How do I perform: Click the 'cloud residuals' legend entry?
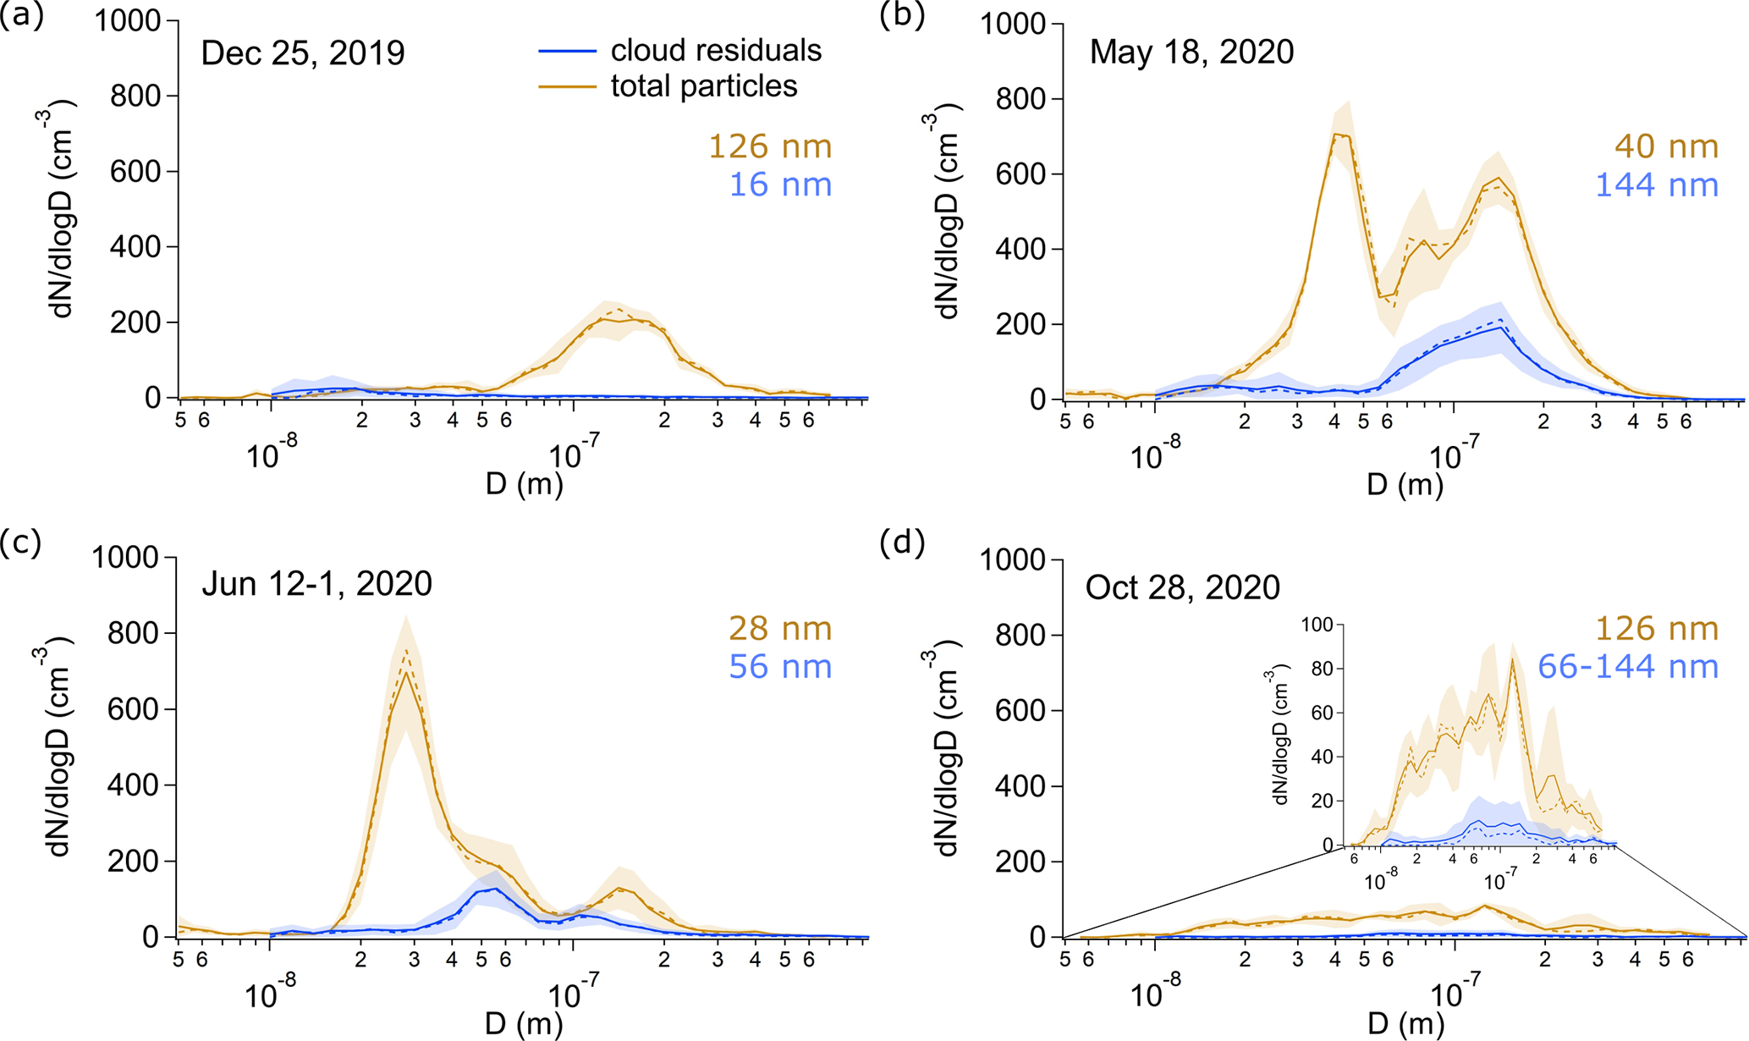pos(716,51)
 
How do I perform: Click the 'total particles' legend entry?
pos(704,86)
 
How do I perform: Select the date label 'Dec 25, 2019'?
pos(303,53)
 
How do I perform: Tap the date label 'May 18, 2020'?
pos(1191,52)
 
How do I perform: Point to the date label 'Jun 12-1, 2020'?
pos(316,584)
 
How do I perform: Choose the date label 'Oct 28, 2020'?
pos(1182,587)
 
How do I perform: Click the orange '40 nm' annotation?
pos(1666,146)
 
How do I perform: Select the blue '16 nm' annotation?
pos(780,185)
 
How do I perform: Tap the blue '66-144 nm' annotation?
pos(1627,667)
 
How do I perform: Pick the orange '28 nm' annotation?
pos(780,629)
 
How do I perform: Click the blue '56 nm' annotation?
pos(780,667)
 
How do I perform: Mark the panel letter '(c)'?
pos(20,543)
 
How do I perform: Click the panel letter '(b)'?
pos(901,15)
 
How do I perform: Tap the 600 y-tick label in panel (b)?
pos(1020,174)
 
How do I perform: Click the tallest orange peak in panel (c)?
pos(408,672)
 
